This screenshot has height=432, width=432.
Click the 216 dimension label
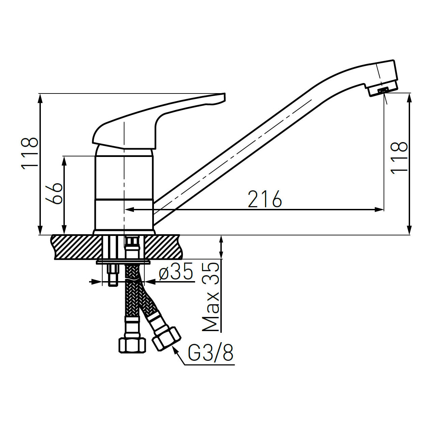[x=265, y=199]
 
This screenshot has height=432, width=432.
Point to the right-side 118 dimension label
[x=399, y=158]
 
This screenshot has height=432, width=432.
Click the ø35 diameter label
[x=176, y=271]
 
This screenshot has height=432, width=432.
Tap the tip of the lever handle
[x=224, y=94]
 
